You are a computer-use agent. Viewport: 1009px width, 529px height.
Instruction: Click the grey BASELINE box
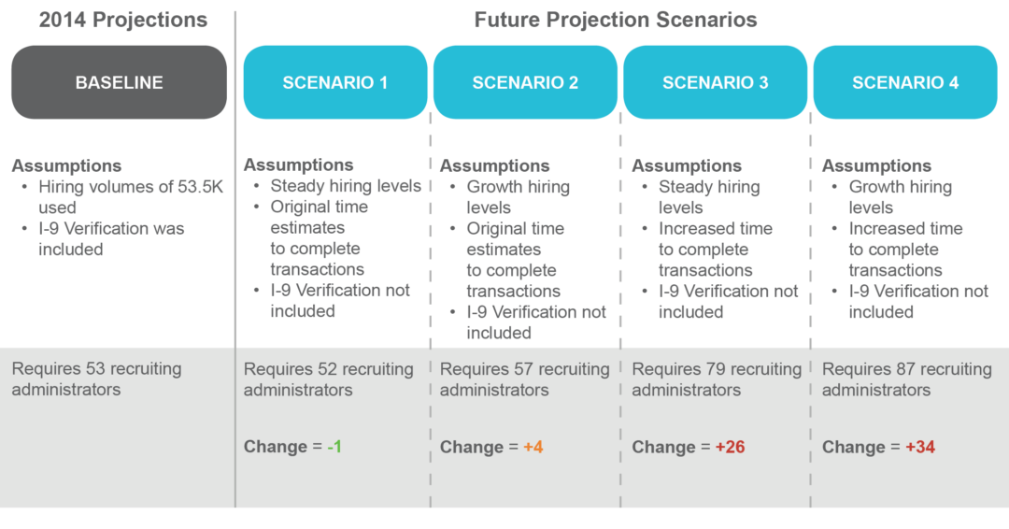pos(119,82)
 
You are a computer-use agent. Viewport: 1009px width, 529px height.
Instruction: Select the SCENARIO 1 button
pos(335,82)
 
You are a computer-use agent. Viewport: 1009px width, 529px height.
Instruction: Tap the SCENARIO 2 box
pos(525,82)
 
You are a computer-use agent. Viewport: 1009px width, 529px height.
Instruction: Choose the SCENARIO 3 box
pos(715,82)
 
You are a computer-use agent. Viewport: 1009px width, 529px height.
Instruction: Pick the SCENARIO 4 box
pos(905,82)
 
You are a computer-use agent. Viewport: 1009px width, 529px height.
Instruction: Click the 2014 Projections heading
pos(122,20)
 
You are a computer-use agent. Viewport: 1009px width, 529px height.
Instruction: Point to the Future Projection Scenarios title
pos(616,20)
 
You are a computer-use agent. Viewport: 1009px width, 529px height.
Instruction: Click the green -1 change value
pos(334,447)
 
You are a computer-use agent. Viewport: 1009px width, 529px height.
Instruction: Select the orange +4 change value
pos(533,447)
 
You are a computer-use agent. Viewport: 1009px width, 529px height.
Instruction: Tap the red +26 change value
pos(730,447)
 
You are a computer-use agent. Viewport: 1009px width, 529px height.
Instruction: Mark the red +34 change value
pos(919,447)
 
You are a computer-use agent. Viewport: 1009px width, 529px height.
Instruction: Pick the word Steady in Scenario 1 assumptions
pos(298,187)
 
